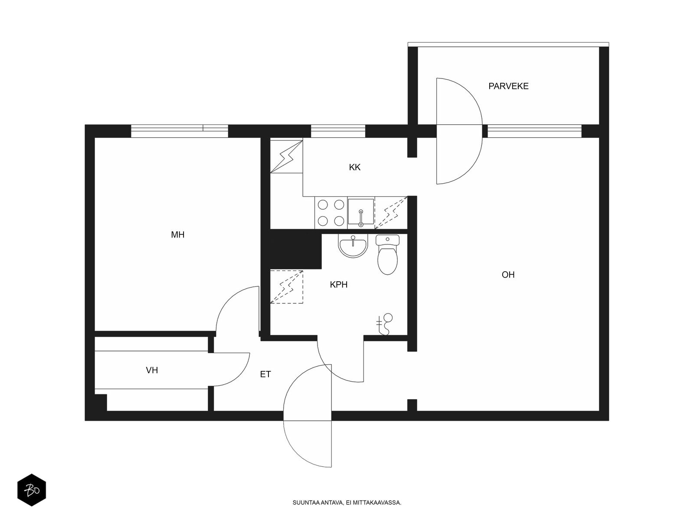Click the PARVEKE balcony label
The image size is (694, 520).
click(508, 86)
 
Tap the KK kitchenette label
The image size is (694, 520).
click(354, 167)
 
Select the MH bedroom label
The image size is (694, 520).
click(177, 234)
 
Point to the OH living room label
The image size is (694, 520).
click(508, 275)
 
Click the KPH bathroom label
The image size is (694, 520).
click(338, 285)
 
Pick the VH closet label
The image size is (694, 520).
click(152, 370)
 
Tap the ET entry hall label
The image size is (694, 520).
click(265, 374)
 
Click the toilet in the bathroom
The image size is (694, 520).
click(387, 255)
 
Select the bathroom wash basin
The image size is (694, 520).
click(353, 246)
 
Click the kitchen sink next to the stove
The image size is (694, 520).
click(361, 212)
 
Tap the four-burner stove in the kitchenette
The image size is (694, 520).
click(331, 213)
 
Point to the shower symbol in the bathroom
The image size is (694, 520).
click(384, 324)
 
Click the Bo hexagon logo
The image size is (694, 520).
click(32, 491)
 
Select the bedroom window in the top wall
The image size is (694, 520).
click(179, 131)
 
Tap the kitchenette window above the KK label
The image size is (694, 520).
click(338, 131)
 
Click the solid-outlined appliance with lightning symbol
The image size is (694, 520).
click(286, 156)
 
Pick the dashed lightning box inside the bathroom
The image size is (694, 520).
click(286, 287)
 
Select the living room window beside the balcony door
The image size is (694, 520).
click(534, 131)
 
